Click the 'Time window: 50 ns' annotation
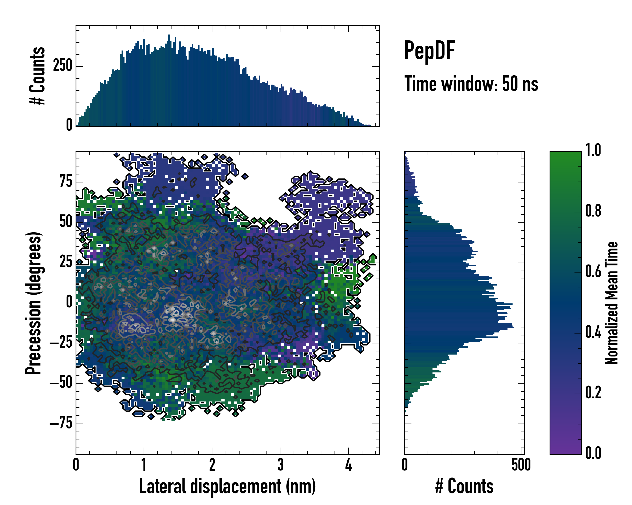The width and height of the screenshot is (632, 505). click(x=471, y=84)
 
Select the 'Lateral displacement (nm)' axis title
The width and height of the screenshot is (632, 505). click(x=227, y=486)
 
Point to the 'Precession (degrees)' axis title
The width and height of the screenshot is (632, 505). click(x=33, y=303)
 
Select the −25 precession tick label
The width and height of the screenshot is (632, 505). click(x=61, y=343)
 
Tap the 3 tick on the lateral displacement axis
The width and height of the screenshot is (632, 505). click(x=280, y=465)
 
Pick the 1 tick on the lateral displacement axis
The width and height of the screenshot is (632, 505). click(x=144, y=465)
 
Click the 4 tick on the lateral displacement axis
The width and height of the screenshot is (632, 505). click(x=348, y=465)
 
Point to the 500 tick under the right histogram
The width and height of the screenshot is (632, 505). click(x=521, y=465)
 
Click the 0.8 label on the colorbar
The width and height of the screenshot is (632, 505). click(x=593, y=211)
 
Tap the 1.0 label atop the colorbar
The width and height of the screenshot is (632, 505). click(x=593, y=150)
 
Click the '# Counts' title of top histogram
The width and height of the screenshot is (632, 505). click(x=37, y=76)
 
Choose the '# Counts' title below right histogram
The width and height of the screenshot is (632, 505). click(x=464, y=486)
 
